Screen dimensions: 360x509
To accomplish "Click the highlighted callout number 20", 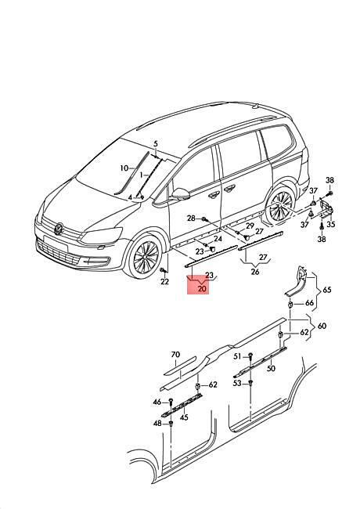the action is point(202,288).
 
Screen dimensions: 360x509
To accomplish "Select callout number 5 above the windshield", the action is point(156,144).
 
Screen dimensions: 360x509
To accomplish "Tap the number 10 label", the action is point(124,168).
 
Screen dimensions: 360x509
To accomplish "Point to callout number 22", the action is point(165,281).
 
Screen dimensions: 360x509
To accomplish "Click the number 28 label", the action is point(192,218).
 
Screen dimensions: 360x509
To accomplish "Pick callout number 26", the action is point(255,272).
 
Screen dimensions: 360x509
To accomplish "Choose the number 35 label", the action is point(331,224).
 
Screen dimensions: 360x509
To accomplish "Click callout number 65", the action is point(327,289).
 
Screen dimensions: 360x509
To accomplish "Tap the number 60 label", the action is point(322,326).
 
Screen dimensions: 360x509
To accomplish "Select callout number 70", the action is point(175,355).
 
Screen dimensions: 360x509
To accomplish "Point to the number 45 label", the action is point(184,417).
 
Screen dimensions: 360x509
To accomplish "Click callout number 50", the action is point(271,369).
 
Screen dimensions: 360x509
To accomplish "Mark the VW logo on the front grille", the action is point(59,229).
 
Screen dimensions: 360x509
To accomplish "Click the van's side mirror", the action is point(180,194).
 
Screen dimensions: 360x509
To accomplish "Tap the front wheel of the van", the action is point(146,256).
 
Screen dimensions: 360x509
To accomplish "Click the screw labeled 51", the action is point(250,356).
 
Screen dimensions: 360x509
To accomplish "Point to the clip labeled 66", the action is point(290,305).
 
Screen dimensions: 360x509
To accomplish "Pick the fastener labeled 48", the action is point(171,424).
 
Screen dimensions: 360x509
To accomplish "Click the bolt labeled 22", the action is point(163,269).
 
